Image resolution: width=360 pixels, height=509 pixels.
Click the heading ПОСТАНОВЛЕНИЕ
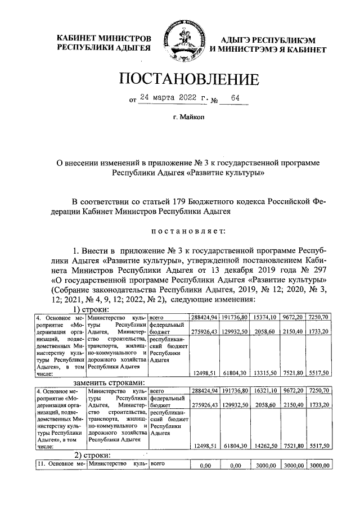180,80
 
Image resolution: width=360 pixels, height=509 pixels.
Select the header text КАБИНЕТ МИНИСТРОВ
104,39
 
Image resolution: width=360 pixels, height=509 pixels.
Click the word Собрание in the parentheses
61,290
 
